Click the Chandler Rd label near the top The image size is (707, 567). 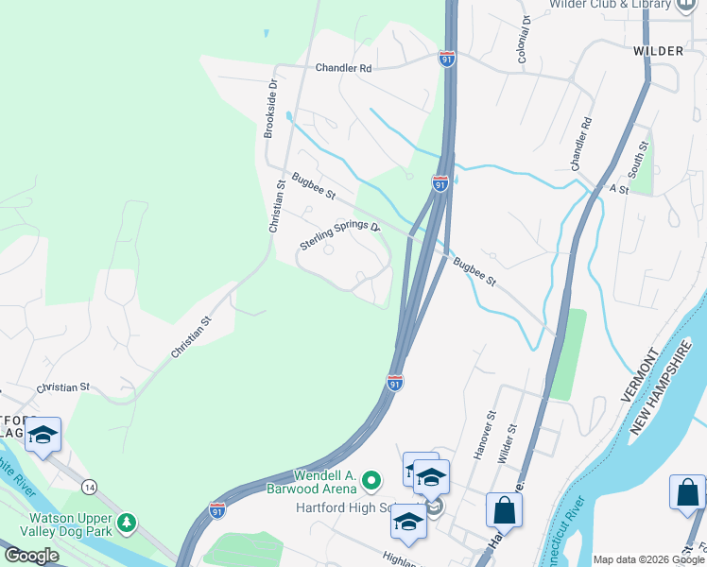click(343, 68)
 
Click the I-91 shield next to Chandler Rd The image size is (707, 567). click(446, 59)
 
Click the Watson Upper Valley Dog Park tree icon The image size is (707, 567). click(127, 523)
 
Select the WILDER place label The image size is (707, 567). click(658, 49)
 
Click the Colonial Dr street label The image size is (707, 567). click(523, 39)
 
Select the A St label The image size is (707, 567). click(619, 188)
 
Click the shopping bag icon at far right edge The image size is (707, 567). click(687, 493)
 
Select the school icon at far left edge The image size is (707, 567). click(43, 435)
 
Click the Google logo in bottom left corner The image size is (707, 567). click(31, 556)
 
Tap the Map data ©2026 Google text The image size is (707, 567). click(648, 559)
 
